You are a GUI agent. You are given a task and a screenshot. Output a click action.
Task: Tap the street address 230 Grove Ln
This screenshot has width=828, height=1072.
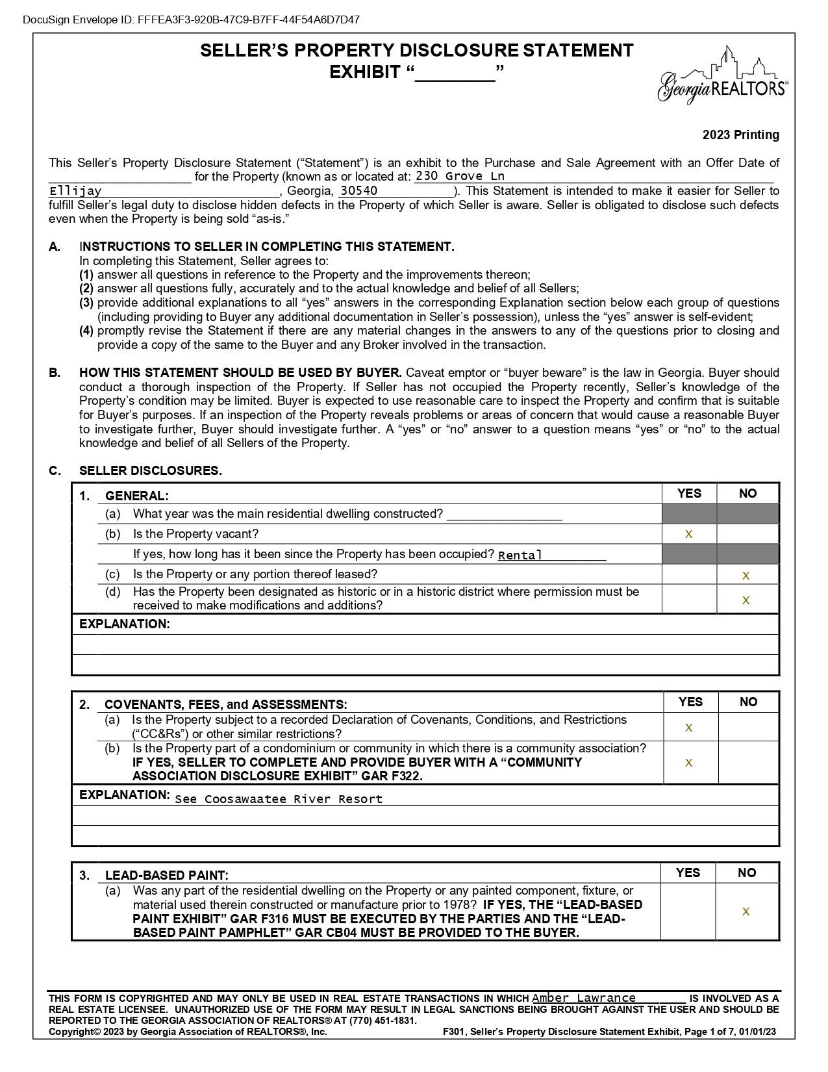click(x=460, y=176)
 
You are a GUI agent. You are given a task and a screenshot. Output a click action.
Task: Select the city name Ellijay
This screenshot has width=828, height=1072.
click(x=75, y=191)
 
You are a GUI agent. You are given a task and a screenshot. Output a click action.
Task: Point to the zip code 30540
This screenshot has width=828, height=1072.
click(x=358, y=191)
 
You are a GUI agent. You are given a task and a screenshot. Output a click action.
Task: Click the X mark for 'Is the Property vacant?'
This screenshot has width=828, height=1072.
click(x=689, y=534)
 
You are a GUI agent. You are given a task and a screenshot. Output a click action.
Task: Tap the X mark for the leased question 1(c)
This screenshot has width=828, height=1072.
click(x=746, y=575)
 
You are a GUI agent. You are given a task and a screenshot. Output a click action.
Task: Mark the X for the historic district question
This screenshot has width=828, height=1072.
click(x=746, y=600)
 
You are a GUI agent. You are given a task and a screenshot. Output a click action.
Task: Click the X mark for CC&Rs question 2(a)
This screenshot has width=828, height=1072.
click(x=689, y=728)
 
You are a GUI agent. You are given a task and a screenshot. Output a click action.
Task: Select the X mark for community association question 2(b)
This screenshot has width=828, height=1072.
click(x=689, y=762)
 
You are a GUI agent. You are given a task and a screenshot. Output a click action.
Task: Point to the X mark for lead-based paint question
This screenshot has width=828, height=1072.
click(x=746, y=912)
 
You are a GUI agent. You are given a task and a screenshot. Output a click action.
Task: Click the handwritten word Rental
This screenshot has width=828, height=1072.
click(x=520, y=555)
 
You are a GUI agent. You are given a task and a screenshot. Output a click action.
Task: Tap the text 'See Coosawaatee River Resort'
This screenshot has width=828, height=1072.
click(x=279, y=799)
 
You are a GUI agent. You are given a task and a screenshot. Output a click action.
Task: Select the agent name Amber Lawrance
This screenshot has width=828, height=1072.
click(x=584, y=998)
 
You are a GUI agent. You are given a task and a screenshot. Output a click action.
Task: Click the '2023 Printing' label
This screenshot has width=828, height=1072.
click(x=740, y=135)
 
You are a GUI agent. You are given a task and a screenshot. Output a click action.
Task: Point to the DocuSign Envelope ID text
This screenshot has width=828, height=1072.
click(x=191, y=19)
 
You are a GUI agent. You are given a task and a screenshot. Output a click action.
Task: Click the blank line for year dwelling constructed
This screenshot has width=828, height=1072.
click(x=504, y=515)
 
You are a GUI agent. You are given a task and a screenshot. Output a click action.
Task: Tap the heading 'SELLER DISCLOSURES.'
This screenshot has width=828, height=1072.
click(x=150, y=471)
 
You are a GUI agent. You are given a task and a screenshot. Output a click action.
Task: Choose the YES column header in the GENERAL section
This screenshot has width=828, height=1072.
click(x=689, y=494)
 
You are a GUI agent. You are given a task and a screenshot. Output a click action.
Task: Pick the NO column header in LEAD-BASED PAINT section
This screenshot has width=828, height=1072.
click(x=747, y=873)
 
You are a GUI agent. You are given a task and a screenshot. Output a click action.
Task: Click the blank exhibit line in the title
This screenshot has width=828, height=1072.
click(x=455, y=73)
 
